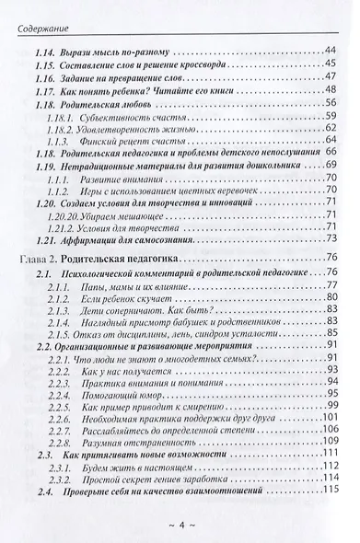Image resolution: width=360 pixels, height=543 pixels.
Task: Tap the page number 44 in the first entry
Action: click(331, 49)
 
